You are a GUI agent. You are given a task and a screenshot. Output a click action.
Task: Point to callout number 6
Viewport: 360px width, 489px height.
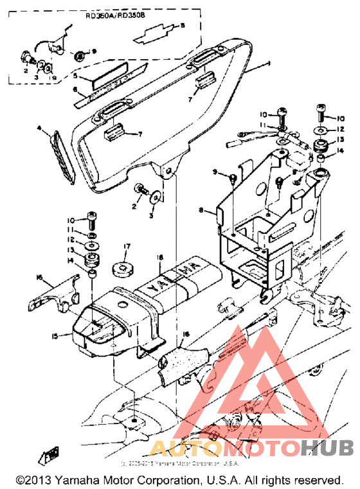[75, 90]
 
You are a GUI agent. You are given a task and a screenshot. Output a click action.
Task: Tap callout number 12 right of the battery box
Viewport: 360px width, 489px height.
[341, 129]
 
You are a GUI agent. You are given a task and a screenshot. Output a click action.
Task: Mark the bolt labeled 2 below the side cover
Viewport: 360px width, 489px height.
[138, 190]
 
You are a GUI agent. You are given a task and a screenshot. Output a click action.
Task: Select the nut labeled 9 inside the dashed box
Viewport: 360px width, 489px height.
[79, 53]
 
